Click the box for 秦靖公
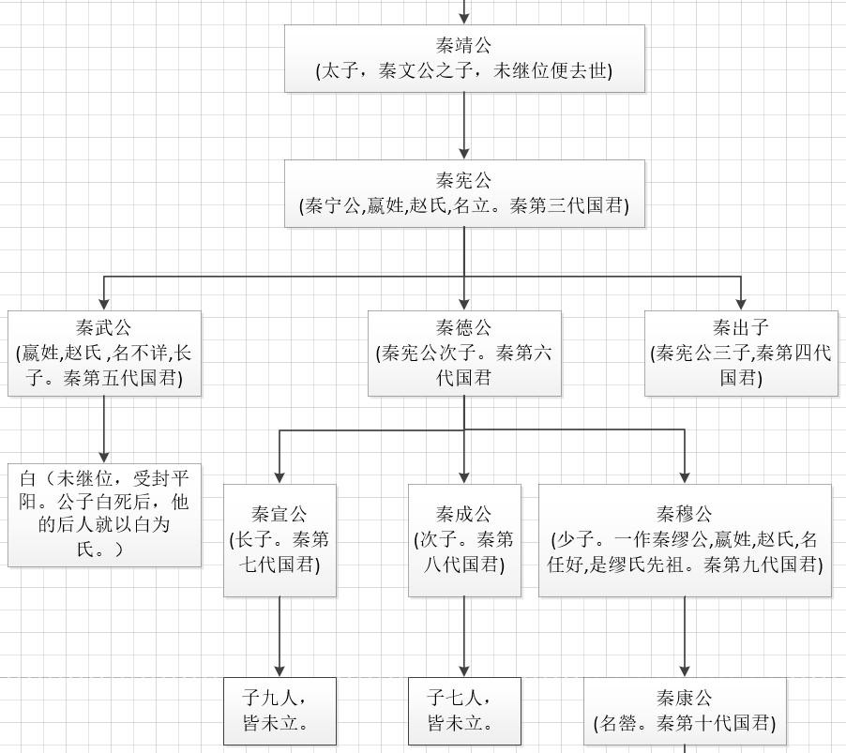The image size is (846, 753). [464, 58]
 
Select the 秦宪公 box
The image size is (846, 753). [464, 193]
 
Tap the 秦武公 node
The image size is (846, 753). [104, 353]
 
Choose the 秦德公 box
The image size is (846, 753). [464, 353]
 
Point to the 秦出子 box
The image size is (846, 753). [741, 353]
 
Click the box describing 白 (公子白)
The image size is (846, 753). [104, 514]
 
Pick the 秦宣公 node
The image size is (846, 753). [279, 539]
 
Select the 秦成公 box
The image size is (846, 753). [464, 539]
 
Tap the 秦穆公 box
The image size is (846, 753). [685, 539]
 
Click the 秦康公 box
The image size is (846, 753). [685, 711]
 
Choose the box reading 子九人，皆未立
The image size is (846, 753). [279, 711]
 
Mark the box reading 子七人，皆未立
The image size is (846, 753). [464, 711]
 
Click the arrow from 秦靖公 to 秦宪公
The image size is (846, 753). [464, 126]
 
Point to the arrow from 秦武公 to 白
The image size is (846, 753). [104, 429]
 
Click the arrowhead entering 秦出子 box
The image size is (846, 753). [741, 304]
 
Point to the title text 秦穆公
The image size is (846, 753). [685, 514]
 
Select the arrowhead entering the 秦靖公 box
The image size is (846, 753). [464, 18]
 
